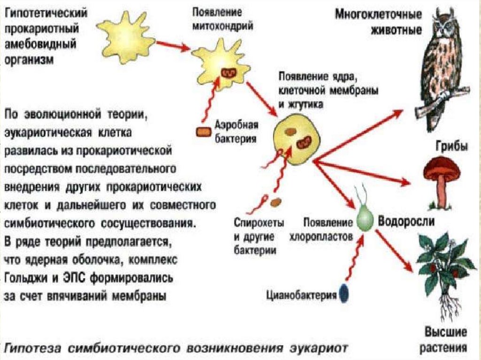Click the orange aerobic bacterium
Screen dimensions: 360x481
tap(204, 132)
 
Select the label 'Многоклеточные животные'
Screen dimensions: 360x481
tap(378, 21)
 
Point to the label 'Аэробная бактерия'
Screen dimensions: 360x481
tap(236, 131)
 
